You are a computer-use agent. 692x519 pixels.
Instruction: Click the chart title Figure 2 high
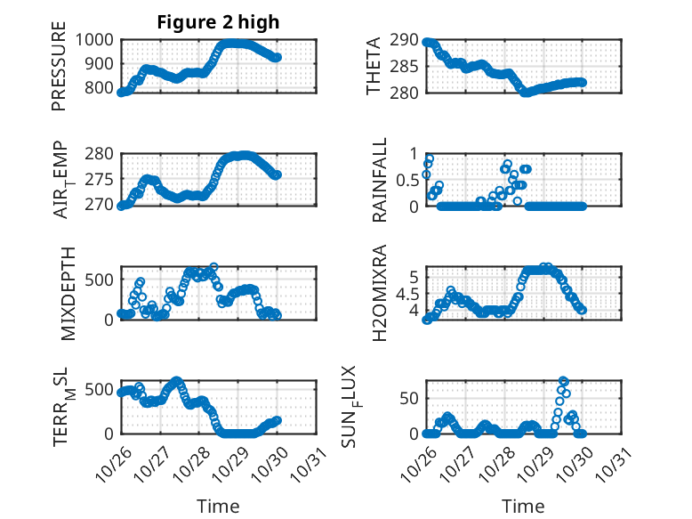click(218, 22)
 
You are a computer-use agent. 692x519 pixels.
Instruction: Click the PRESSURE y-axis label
click(60, 72)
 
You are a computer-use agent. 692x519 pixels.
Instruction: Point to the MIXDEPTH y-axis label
click(69, 293)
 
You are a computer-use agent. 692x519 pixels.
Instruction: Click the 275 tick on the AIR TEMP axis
click(100, 180)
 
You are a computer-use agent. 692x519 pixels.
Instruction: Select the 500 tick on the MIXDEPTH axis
click(100, 280)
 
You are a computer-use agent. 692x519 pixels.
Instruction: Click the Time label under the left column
click(218, 506)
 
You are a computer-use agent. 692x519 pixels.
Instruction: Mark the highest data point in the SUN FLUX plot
click(562, 381)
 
